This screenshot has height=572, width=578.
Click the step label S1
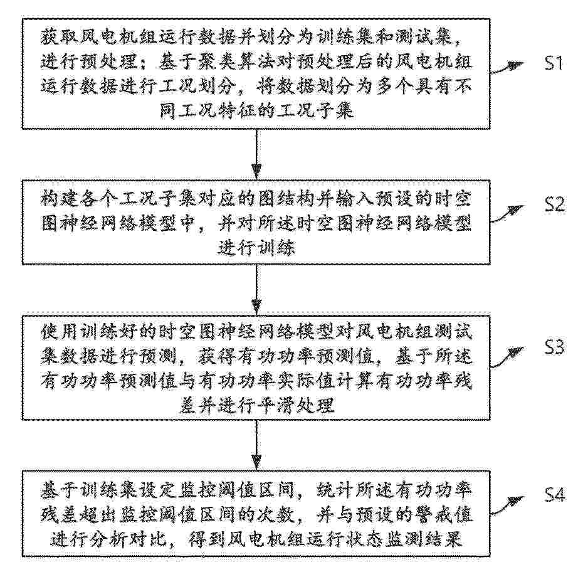554,63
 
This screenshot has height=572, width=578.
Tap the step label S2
555,204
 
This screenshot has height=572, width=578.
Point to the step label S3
555,347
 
